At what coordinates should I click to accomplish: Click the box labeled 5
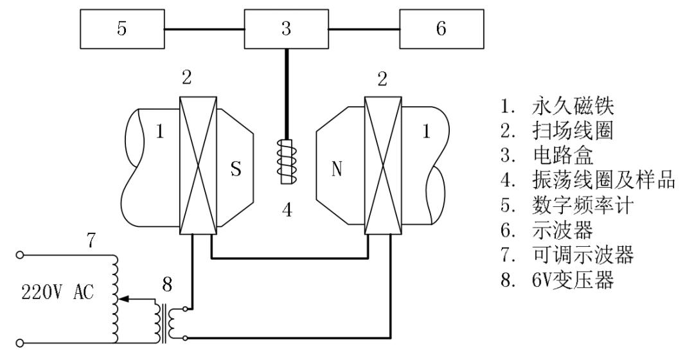122,29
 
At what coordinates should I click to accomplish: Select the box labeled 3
287,29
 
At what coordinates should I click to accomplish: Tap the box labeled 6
441,29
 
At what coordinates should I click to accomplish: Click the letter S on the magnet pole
236,168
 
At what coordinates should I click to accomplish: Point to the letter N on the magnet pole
337,168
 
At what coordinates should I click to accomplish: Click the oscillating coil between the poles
287,161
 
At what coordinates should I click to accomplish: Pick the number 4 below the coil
287,210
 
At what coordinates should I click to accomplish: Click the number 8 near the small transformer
167,284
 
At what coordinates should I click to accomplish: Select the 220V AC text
58,292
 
